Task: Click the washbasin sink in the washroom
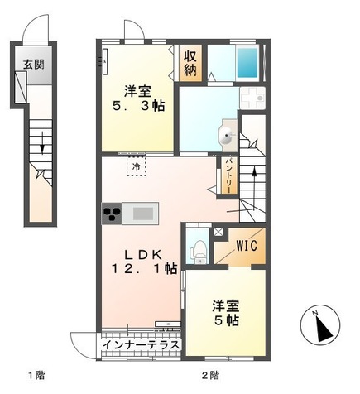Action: tap(227, 137)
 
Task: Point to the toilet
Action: tap(197, 248)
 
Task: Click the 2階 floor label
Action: tap(209, 377)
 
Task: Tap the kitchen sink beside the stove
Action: tap(142, 214)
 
